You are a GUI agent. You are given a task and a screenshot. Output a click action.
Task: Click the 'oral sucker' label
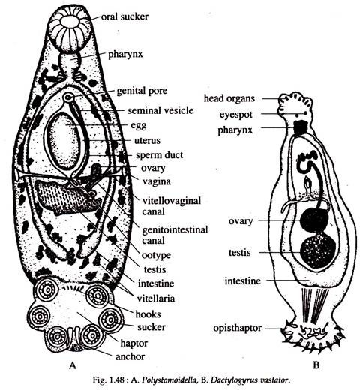tap(124, 16)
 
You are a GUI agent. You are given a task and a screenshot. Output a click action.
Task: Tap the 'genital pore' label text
tap(142, 91)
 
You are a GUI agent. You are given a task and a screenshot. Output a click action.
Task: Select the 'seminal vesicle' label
tap(160, 110)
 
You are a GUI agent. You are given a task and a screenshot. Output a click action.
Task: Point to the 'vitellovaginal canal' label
tap(172, 206)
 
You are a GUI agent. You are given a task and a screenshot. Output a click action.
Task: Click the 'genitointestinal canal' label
tap(175, 235)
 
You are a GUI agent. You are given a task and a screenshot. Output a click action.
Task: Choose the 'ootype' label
tap(156, 255)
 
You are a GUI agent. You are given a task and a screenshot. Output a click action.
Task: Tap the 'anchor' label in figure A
tap(130, 356)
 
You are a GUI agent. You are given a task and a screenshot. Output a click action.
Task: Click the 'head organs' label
tap(229, 98)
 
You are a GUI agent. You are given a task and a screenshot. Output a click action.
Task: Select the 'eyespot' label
tap(236, 115)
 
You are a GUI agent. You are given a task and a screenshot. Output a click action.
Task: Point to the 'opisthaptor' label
tap(237, 328)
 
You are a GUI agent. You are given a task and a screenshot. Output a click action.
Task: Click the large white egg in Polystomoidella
tap(63, 142)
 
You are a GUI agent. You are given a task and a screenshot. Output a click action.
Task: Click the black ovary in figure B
tap(314, 220)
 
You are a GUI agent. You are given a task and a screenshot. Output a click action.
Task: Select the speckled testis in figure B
tap(318, 251)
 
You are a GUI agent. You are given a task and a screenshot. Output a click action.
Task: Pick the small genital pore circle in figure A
tap(68, 97)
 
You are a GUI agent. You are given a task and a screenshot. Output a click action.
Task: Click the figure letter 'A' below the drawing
tap(72, 365)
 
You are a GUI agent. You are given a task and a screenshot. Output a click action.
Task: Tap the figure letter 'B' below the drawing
tap(316, 365)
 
